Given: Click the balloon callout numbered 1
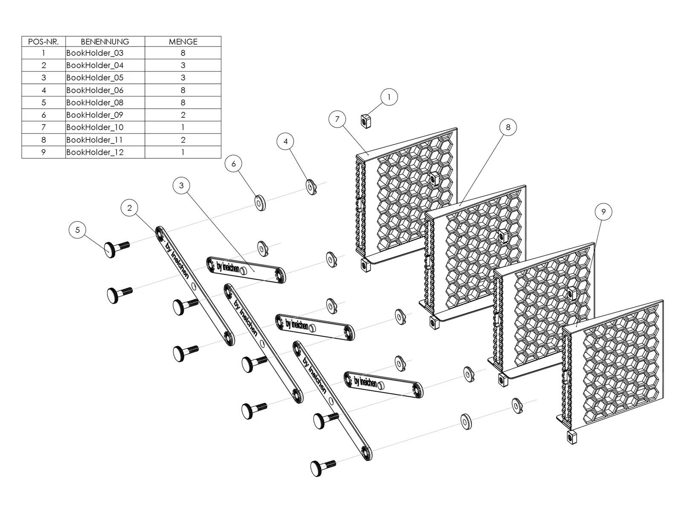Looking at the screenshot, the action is (389, 97).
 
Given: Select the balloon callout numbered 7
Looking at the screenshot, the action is (337, 119).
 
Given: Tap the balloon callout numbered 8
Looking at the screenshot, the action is (508, 127).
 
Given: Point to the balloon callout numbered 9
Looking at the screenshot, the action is (604, 212).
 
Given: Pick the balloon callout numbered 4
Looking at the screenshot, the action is (285, 142).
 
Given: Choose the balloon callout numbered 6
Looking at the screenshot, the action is (233, 163).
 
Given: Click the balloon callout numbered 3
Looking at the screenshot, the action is (182, 186).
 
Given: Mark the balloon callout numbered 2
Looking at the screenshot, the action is (129, 208).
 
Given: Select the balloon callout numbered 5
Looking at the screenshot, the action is (78, 230).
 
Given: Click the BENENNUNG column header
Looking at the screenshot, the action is (105, 42).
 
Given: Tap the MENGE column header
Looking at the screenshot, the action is (183, 42).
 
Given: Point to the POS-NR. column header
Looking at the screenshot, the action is (43, 42).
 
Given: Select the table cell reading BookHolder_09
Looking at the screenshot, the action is (105, 115).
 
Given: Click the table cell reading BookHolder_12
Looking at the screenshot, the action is (105, 152).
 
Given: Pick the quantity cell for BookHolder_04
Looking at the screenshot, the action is (183, 65).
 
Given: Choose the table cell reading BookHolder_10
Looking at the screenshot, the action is (105, 127).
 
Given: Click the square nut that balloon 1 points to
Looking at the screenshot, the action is (366, 121).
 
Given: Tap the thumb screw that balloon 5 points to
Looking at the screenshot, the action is (116, 249).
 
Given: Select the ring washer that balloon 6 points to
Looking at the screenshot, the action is (260, 203).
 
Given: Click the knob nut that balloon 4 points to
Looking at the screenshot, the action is (311, 187).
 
